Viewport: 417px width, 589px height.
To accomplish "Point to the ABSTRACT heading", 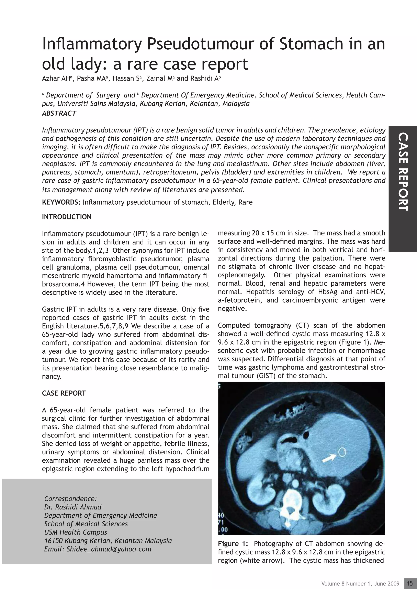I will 59,113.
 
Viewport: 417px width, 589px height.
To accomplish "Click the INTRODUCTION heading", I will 67,217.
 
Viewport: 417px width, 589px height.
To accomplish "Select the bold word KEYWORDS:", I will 61,202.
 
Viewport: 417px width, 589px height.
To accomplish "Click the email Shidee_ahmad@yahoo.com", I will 109,549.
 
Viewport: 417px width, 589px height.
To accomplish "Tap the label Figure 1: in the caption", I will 232,544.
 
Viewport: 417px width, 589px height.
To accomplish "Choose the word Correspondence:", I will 70,499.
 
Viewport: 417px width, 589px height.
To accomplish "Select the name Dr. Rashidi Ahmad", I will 73,507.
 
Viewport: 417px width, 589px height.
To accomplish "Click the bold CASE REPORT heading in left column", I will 64,393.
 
